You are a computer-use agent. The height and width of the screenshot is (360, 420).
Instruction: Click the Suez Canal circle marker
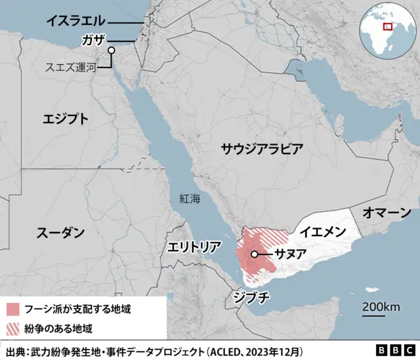point(112,50)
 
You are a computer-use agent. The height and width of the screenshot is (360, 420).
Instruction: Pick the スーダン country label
point(60,232)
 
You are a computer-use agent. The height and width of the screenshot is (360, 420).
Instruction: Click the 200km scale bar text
point(381,308)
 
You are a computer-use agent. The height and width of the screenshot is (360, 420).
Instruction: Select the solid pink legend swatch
point(13,308)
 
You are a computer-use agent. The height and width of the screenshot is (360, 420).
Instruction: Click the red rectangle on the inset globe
point(388,26)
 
